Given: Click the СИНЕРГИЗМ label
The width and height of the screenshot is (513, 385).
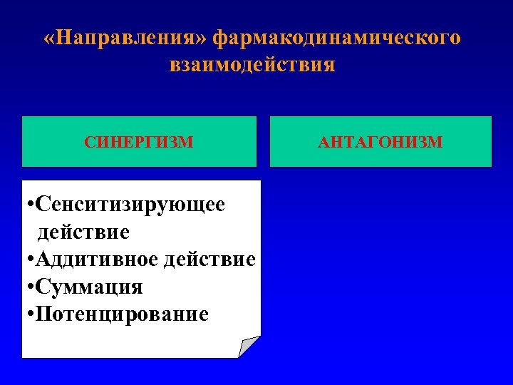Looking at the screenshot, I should coord(139,142).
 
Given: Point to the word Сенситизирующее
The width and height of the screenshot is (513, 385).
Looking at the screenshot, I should coord(131,205).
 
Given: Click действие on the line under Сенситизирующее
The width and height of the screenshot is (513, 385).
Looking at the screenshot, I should coord(83,232).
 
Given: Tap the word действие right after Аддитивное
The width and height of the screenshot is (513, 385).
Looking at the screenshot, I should coord(209,259).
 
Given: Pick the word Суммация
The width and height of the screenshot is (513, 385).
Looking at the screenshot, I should coord(90,287).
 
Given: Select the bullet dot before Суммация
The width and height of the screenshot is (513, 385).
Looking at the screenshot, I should coord(28,287).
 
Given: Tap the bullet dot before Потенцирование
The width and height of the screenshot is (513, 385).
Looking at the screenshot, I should coord(28,314).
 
